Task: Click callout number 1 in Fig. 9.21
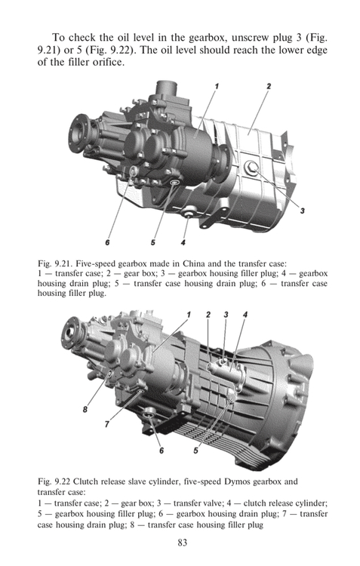(217, 86)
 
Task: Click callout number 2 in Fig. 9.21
(269, 86)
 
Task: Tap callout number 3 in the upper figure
(302, 211)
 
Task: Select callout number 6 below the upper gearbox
(107, 242)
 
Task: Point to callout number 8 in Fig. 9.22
(85, 409)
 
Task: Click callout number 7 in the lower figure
(107, 424)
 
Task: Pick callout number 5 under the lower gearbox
(195, 451)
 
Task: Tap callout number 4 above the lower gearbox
(245, 315)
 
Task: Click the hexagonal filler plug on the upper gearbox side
(251, 168)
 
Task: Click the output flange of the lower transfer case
(71, 334)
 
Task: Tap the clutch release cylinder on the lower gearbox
(226, 370)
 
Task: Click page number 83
(183, 543)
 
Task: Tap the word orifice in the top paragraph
(108, 62)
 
